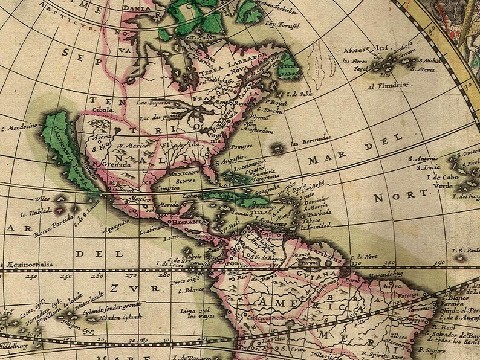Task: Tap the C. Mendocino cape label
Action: (21, 126)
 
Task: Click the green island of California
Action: (70, 145)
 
